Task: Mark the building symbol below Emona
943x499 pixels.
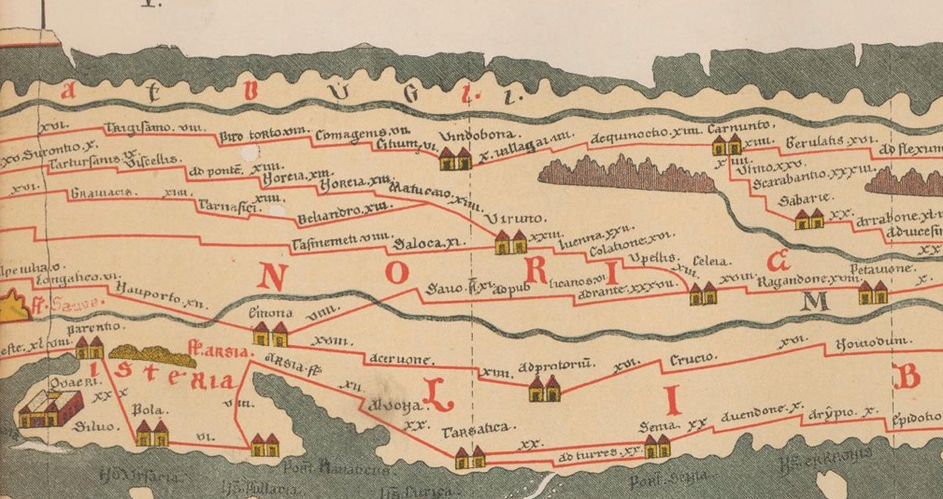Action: (271, 333)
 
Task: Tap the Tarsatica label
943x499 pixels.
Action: (486, 429)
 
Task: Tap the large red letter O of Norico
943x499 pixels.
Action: (398, 275)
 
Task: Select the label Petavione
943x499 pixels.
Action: (885, 268)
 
